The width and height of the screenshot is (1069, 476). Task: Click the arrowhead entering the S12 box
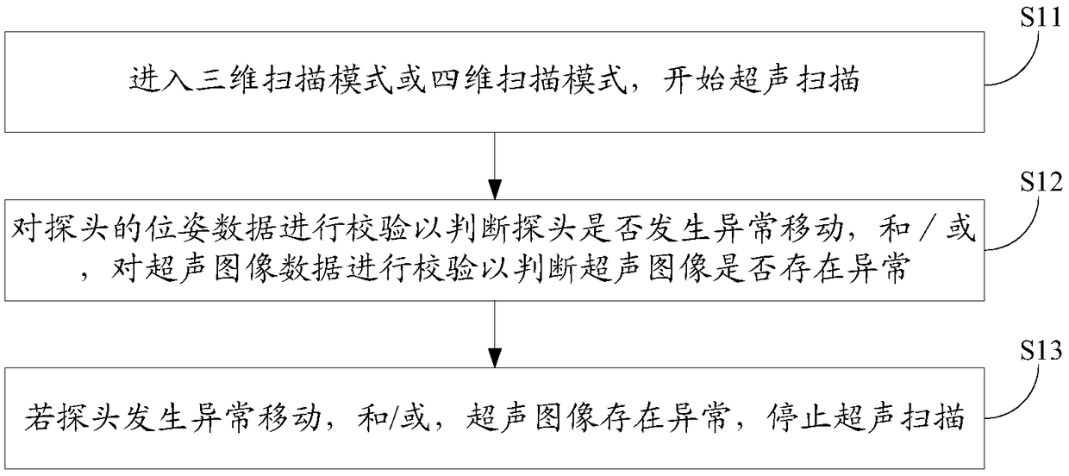point(494,189)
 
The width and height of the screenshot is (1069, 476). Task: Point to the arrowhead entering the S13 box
point(494,358)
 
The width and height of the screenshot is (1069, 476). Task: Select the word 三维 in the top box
point(204,83)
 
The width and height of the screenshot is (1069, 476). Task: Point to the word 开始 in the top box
point(678,83)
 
